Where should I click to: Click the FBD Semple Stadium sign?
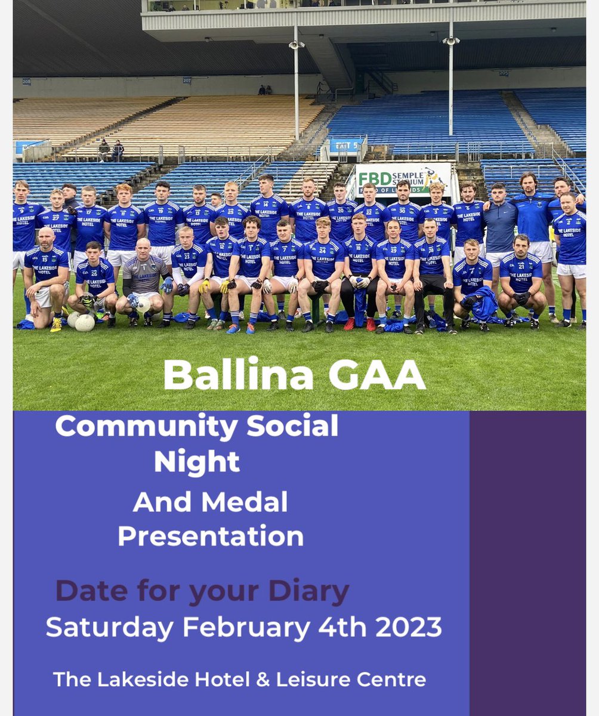coord(403,178)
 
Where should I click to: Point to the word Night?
coord(197,461)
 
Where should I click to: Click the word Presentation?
coord(211,536)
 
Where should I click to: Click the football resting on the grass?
coord(84,323)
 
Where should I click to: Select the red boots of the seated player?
coord(360,323)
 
